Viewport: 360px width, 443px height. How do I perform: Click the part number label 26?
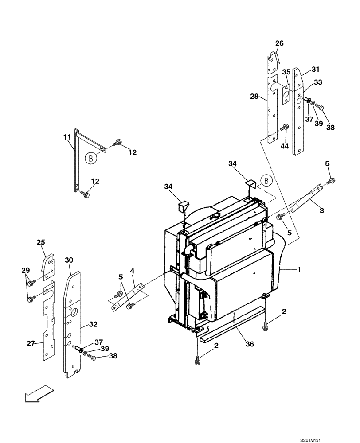(x=279, y=43)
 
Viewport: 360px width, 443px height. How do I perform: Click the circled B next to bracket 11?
(x=91, y=158)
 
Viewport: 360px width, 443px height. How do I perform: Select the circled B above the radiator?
(x=267, y=180)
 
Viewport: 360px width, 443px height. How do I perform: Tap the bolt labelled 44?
(x=285, y=128)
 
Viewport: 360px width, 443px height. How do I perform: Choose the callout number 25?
(x=41, y=242)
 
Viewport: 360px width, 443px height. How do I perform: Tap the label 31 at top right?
(x=315, y=69)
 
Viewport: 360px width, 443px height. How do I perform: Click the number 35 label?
(x=286, y=72)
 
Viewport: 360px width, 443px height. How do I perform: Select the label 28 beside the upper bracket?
(x=265, y=97)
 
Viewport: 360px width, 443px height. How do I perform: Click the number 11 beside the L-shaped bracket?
(x=67, y=138)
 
